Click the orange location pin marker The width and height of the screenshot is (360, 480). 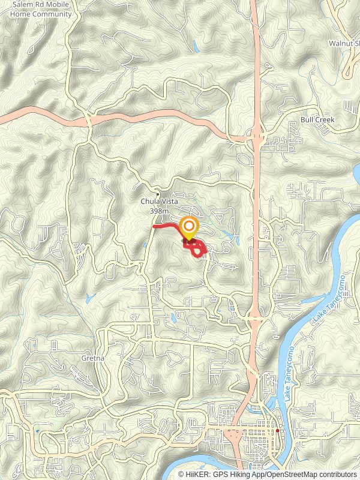(x=189, y=227)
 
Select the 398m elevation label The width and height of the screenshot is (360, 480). (x=157, y=211)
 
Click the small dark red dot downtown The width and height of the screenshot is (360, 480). (x=277, y=431)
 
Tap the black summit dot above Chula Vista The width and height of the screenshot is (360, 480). (x=157, y=194)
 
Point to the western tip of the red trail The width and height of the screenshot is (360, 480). (x=154, y=226)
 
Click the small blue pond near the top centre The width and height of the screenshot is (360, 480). (x=195, y=45)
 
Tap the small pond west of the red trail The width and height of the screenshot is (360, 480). (x=145, y=245)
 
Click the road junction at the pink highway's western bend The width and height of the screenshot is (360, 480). (x=88, y=120)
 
